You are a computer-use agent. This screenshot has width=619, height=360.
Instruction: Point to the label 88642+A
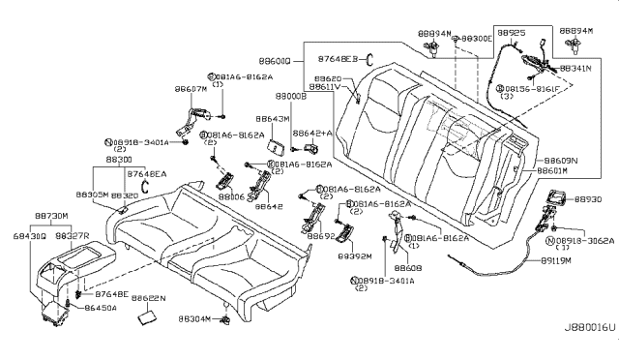click(x=312, y=133)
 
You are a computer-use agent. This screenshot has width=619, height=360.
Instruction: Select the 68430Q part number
click(x=31, y=235)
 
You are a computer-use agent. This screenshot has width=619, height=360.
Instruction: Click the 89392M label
click(x=355, y=257)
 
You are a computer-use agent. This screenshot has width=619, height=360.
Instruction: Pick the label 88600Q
click(x=280, y=60)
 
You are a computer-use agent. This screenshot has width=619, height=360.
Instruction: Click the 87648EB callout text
click(x=339, y=60)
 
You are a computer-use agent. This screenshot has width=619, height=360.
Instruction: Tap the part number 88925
click(x=510, y=33)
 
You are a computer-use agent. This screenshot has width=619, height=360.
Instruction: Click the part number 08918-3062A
click(x=581, y=240)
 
